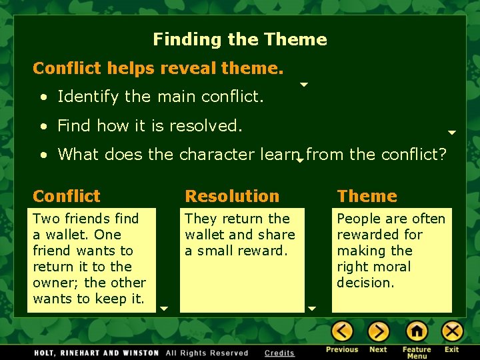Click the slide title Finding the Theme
[240, 39]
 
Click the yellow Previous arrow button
[342, 331]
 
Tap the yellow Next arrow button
[378, 331]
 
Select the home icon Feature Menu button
[417, 331]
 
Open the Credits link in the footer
[279, 353]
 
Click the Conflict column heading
[66, 196]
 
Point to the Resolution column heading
[232, 196]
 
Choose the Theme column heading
[367, 196]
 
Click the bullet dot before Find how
[43, 126]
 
